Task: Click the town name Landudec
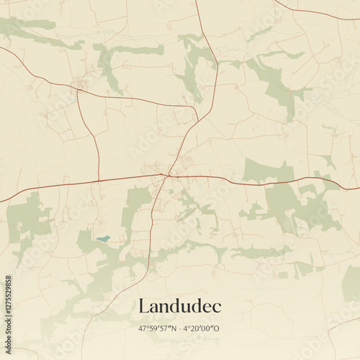tap(179, 306)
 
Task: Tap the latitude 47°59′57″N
tap(160, 328)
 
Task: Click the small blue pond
tap(103, 238)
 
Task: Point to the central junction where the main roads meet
tap(167, 175)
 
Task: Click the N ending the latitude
tap(174, 328)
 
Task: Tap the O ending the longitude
tap(217, 328)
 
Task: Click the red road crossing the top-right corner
tap(317, 14)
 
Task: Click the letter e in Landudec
tap(206, 307)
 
